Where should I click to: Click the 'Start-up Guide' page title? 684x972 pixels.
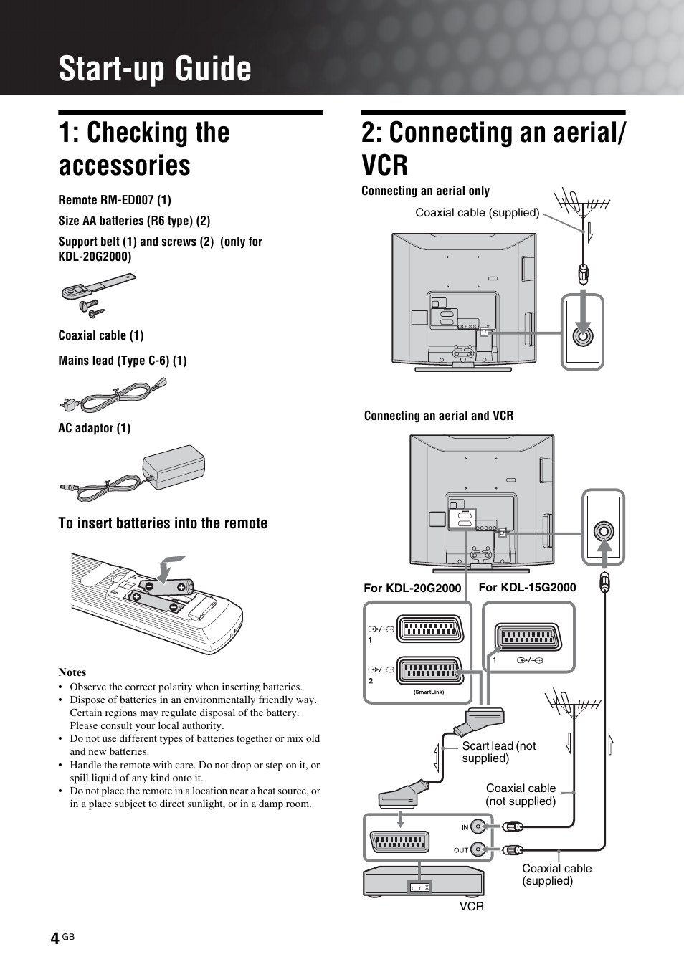(x=155, y=69)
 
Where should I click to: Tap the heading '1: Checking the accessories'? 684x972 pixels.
(x=143, y=149)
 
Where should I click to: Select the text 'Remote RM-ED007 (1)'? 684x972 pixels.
(x=115, y=200)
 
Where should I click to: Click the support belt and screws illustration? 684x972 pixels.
(x=96, y=295)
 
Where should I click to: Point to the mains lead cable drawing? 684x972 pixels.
(x=115, y=395)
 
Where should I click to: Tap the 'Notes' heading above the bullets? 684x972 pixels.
(x=72, y=672)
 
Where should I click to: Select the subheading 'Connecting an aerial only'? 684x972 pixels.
(x=425, y=191)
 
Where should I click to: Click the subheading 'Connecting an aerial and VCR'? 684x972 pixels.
(x=439, y=416)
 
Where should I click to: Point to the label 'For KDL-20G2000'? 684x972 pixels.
(x=412, y=589)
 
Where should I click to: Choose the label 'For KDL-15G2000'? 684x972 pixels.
(x=527, y=588)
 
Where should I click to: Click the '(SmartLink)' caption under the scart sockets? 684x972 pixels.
(x=429, y=692)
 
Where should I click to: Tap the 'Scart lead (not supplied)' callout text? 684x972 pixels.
(x=499, y=752)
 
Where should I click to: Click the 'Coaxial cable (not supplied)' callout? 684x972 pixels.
(x=521, y=795)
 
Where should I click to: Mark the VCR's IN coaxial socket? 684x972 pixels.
(x=478, y=826)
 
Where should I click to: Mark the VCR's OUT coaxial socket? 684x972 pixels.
(x=478, y=850)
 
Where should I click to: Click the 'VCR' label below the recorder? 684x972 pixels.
(x=472, y=907)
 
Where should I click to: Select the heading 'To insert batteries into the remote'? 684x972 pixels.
(x=163, y=523)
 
